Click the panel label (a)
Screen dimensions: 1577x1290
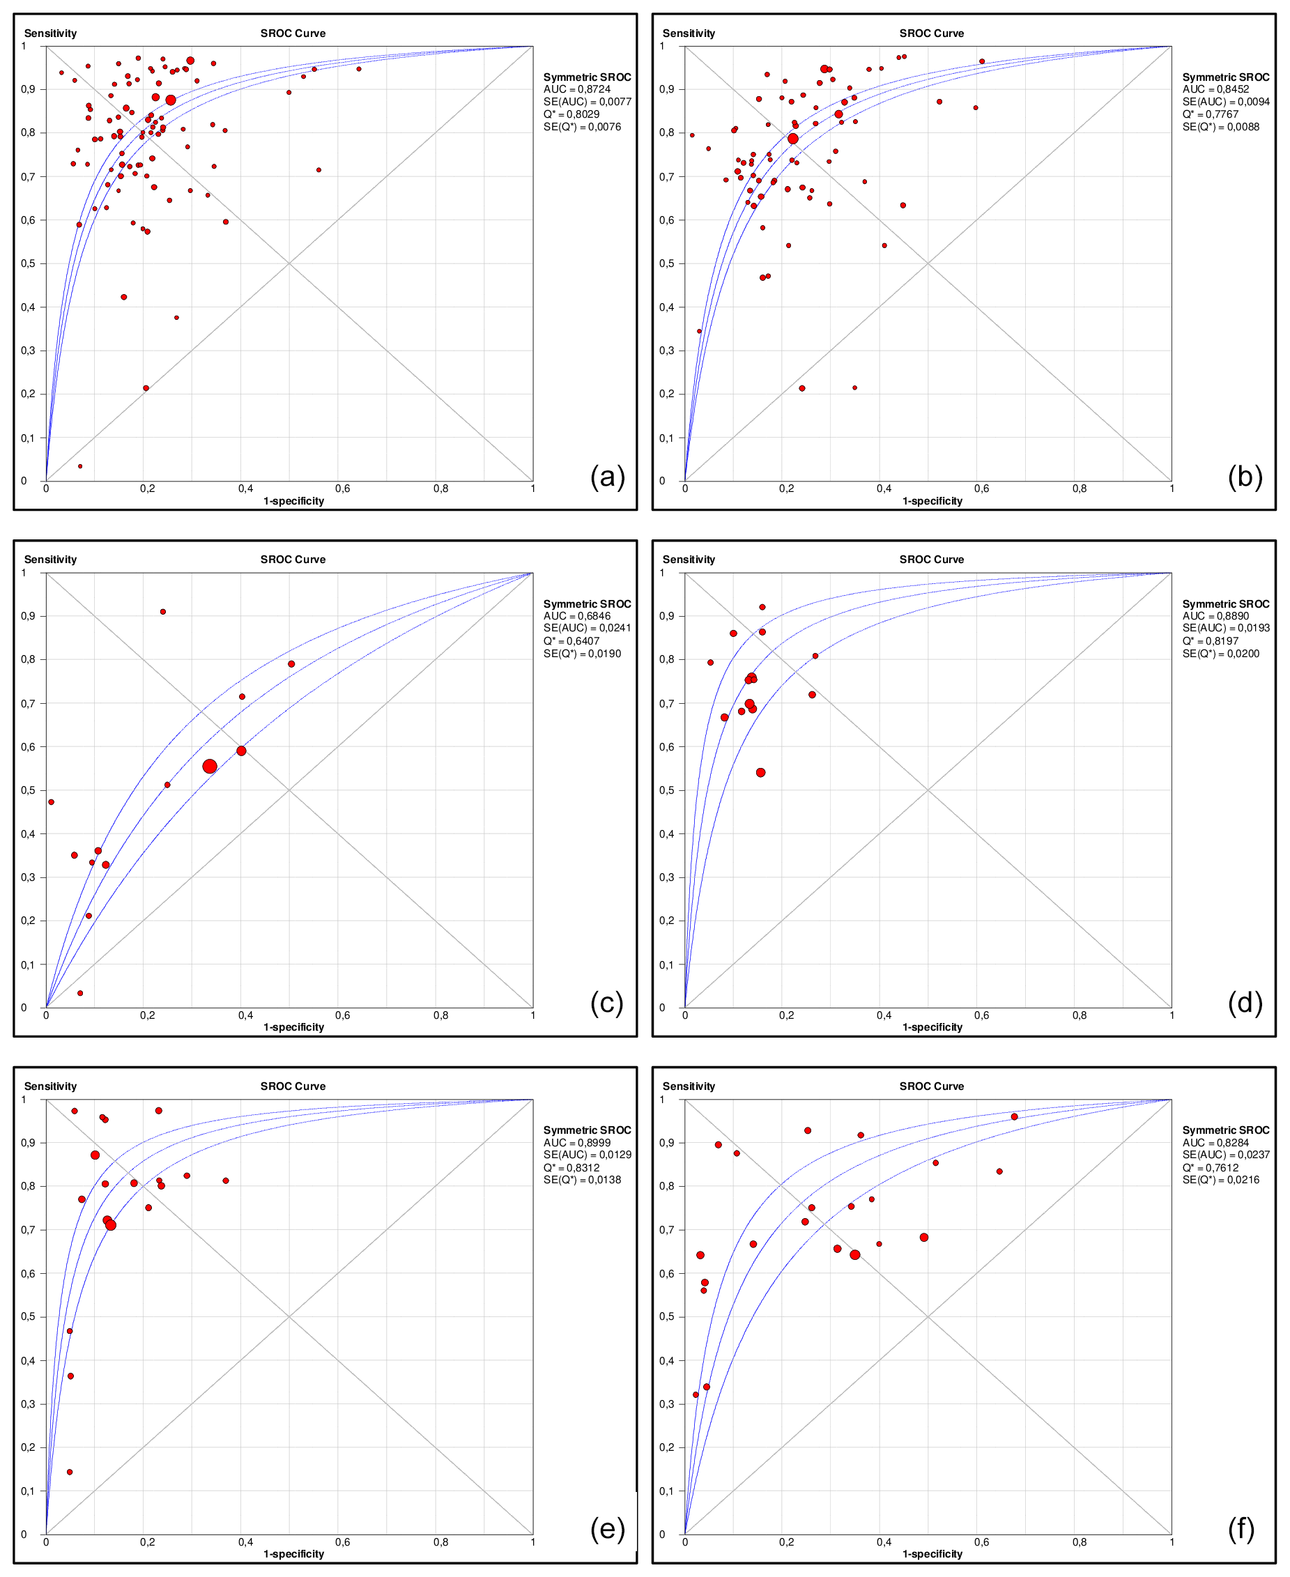607,476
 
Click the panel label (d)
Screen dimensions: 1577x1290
1245,1003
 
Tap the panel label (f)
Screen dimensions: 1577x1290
1241,1530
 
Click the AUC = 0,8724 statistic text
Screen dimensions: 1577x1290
576,89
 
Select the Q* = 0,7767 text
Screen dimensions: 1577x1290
1211,114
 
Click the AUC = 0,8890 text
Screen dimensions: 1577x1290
1215,616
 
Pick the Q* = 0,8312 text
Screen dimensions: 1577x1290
571,1168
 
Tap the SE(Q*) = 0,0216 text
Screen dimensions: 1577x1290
1221,1180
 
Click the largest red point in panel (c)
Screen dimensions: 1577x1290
210,766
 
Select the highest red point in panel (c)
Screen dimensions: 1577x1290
163,611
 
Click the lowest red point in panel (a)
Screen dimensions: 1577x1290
80,466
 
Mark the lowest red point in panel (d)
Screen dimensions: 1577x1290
760,773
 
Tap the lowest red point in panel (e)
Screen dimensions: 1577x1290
70,1472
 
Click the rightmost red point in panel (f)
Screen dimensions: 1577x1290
1014,1116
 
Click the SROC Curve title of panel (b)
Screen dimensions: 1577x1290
931,33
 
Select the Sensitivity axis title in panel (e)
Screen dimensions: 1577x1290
51,1086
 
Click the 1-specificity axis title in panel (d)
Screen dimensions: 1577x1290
932,1026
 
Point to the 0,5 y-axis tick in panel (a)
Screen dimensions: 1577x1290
29,263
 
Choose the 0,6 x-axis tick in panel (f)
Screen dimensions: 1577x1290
982,1542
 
